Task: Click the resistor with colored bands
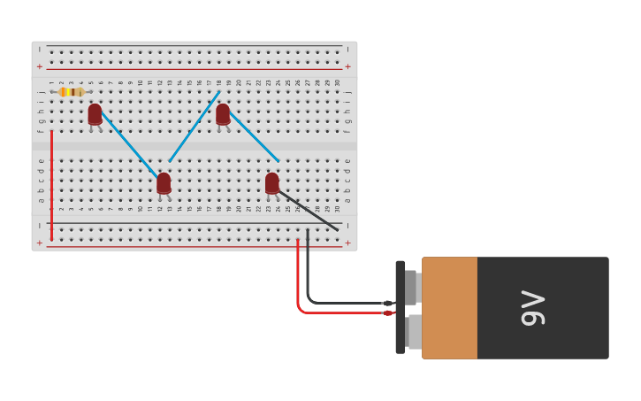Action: [x=71, y=92]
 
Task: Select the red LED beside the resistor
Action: [x=95, y=113]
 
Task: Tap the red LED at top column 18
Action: [x=223, y=113]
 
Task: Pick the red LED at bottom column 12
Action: [x=164, y=182]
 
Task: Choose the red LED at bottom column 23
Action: [x=271, y=182]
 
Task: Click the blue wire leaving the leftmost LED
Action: [x=129, y=144]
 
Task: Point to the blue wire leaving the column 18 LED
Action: [x=255, y=138]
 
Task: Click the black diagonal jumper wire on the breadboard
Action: [x=309, y=212]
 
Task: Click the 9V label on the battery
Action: [x=532, y=307]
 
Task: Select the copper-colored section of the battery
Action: [x=449, y=307]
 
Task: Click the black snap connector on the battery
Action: [x=401, y=307]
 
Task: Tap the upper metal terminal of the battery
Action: [x=412, y=287]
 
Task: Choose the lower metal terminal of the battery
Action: [x=414, y=331]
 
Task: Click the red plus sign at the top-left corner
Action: [x=39, y=66]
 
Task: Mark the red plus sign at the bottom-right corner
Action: [x=347, y=243]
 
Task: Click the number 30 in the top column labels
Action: [x=337, y=82]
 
